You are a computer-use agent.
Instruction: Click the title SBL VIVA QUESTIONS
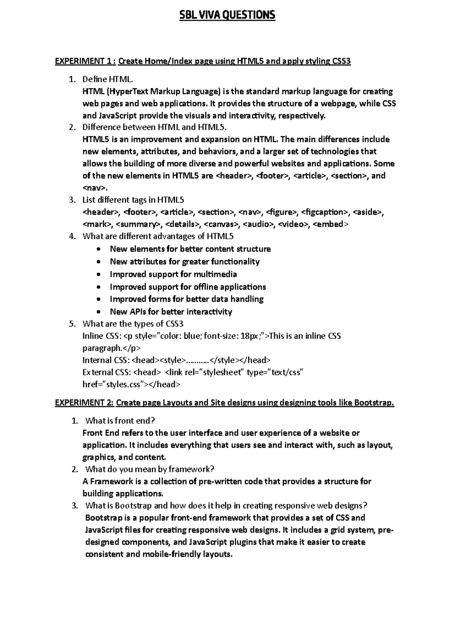(227, 15)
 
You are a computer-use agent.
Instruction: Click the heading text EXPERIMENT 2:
(85, 402)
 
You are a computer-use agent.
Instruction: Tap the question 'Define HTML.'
(108, 79)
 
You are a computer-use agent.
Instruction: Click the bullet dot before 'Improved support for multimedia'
(99, 275)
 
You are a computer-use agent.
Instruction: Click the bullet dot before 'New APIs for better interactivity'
(99, 312)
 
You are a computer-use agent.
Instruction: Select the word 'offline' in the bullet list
(206, 287)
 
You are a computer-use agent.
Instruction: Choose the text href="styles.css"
(115, 384)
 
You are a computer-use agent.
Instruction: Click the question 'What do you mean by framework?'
(150, 469)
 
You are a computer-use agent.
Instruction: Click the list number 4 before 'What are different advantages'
(72, 236)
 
